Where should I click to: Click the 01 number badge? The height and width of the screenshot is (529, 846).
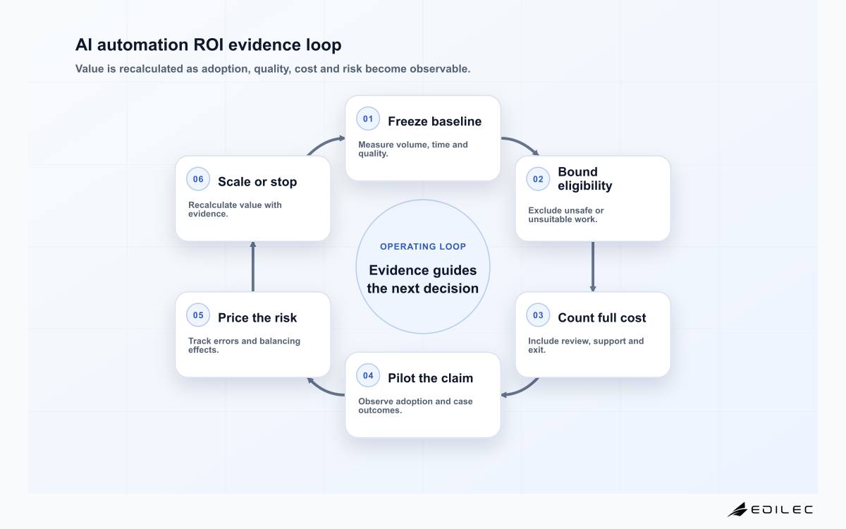[368, 118]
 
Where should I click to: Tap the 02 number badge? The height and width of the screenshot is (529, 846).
[538, 179]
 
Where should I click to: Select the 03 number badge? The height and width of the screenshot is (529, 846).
[538, 315]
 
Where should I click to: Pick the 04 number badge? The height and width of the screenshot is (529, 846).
[368, 375]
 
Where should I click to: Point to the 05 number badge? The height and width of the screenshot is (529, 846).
[198, 315]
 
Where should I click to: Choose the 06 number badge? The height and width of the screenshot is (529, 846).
[198, 179]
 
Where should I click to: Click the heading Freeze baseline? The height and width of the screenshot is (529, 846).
[435, 121]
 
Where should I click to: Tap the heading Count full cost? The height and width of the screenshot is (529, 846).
[602, 318]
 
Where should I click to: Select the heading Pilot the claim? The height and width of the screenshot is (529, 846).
[431, 378]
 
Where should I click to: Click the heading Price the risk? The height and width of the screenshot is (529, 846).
[257, 318]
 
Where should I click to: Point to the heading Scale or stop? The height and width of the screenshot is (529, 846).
[257, 182]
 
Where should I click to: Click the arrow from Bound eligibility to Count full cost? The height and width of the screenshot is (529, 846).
[593, 267]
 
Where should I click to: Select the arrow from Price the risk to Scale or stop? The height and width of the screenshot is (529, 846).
[253, 267]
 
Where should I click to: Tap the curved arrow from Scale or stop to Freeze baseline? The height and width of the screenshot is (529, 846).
[324, 142]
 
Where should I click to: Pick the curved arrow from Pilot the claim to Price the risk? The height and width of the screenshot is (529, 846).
[324, 391]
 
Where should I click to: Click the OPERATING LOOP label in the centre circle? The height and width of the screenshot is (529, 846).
[423, 247]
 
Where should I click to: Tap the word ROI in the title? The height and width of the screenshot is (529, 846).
[209, 45]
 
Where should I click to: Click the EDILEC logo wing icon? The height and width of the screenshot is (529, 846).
[737, 509]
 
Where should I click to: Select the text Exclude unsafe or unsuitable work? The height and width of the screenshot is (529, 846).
[565, 215]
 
